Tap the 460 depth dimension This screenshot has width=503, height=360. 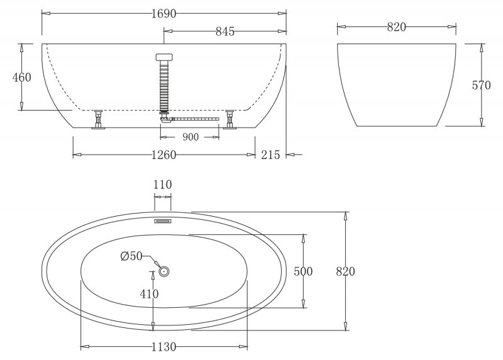click(x=21, y=77)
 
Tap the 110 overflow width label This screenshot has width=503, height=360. click(x=163, y=185)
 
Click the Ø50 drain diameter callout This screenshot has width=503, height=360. click(x=133, y=256)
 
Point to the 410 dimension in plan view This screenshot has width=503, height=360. click(x=150, y=293)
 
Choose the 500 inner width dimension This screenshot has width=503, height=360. click(x=303, y=271)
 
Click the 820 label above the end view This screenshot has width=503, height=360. click(x=396, y=26)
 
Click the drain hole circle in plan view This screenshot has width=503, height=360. click(x=165, y=271)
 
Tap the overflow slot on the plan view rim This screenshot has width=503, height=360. click(x=163, y=221)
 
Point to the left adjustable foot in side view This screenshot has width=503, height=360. click(x=99, y=119)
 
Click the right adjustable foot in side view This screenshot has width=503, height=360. click(x=229, y=119)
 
